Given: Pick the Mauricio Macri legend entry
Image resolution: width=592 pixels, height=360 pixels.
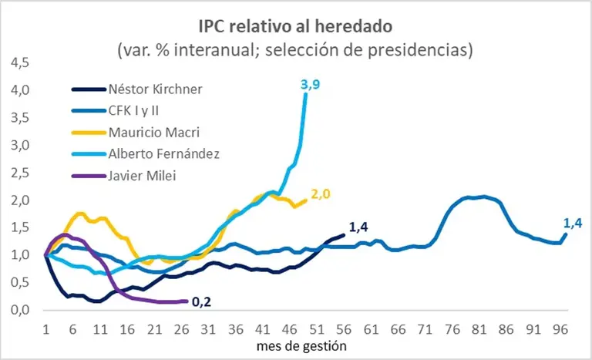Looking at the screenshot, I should click(154, 132).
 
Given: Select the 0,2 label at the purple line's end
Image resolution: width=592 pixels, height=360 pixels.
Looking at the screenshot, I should click(201, 302).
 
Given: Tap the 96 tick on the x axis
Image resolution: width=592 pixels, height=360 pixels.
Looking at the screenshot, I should click(560, 327).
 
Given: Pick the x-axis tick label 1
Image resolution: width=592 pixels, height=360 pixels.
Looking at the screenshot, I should click(45, 327).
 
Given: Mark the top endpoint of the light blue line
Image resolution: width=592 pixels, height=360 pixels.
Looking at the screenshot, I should click(306, 93).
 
